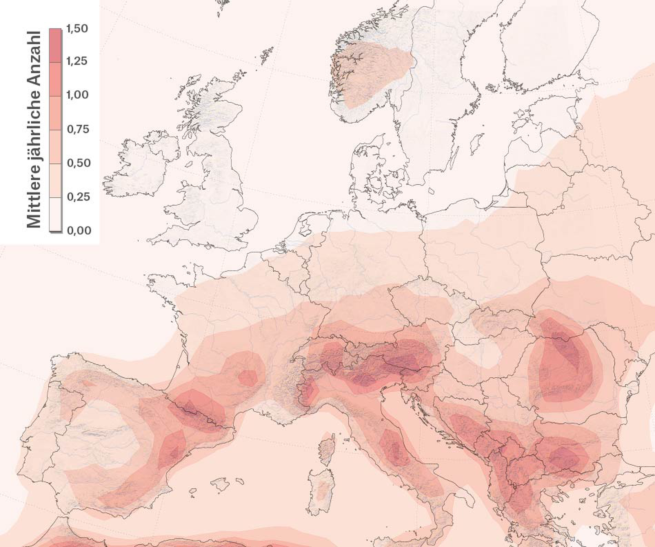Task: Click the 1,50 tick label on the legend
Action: pyautogui.click(x=77, y=29)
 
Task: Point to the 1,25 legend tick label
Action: pyautogui.click(x=77, y=61)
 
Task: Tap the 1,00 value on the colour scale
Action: pyautogui.click(x=78, y=95)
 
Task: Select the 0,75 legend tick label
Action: pyautogui.click(x=78, y=129)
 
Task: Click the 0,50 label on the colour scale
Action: pyautogui.click(x=79, y=163)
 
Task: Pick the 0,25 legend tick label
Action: pyautogui.click(x=79, y=197)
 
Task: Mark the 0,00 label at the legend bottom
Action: pyautogui.click(x=79, y=230)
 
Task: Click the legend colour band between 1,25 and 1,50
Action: pyautogui.click(x=55, y=46)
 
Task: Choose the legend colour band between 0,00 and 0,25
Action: pyautogui.click(x=55, y=214)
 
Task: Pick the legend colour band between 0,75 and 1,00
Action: pyautogui.click(x=55, y=113)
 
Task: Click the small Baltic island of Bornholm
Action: pyautogui.click(x=431, y=191)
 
